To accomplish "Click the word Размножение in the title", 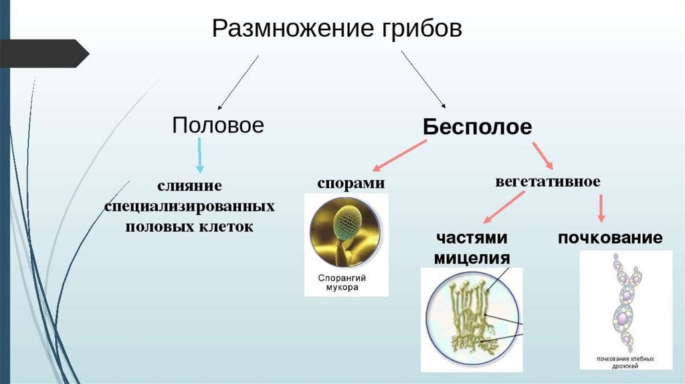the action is tap(293, 29).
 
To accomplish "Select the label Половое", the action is tap(218, 125).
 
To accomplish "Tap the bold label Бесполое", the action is tap(477, 126).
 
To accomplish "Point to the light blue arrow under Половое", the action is tap(199, 155).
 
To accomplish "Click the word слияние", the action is tap(189, 185).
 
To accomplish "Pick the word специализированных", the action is tap(189, 206).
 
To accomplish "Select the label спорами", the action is tap(351, 183).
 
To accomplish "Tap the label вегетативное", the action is tap(548, 181).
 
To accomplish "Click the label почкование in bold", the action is tap(610, 237).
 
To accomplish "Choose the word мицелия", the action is tap(472, 258).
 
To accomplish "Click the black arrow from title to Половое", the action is tap(238, 82).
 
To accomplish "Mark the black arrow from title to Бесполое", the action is tap(423, 79).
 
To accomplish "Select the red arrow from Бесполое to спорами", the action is tap(399, 155).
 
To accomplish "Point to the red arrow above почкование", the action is tap(601, 208).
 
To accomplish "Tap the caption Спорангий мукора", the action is tap(342, 283).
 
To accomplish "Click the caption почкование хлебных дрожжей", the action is tap(625, 362).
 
